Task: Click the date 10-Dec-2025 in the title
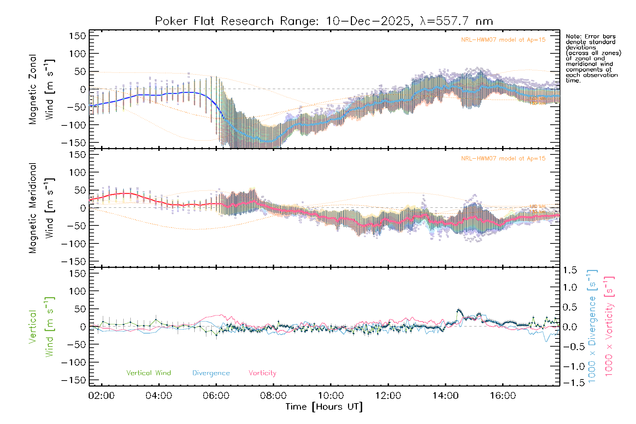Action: click(369, 21)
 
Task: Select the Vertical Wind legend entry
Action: click(148, 373)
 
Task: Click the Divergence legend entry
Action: click(211, 373)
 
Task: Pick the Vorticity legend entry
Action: click(262, 373)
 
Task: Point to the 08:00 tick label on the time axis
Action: click(273, 396)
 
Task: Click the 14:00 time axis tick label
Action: click(446, 396)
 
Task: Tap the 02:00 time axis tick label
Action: click(101, 396)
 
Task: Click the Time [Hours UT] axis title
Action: click(324, 407)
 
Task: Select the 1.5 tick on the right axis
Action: click(570, 270)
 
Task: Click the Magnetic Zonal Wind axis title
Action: click(42, 89)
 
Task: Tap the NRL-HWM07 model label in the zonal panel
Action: click(503, 40)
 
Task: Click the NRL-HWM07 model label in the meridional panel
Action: click(503, 159)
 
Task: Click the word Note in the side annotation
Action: click(572, 36)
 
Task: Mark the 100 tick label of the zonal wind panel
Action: click(77, 54)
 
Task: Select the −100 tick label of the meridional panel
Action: click(74, 244)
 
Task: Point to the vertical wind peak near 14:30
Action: click(459, 310)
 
